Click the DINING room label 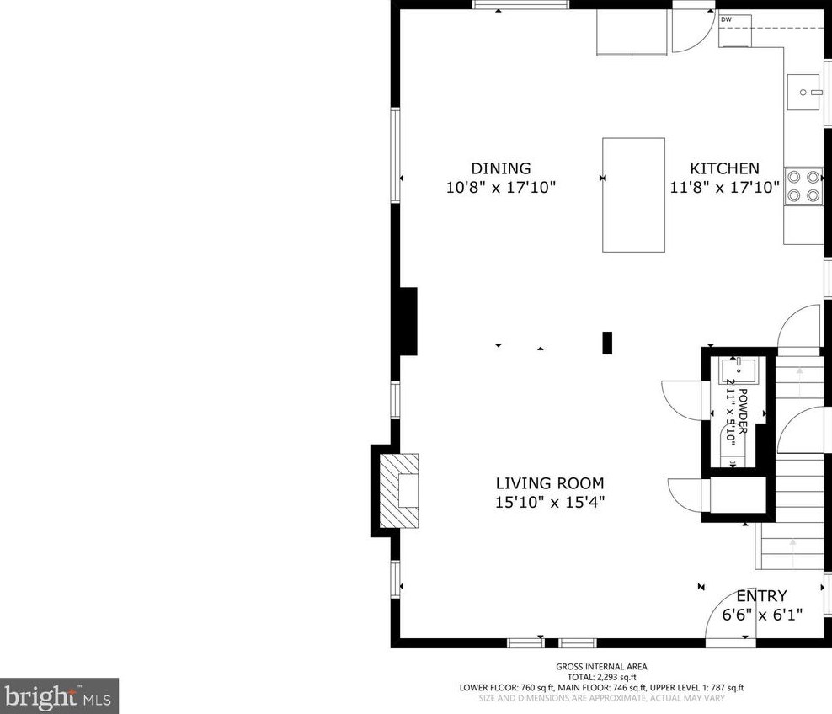(500, 168)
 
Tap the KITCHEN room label (724, 168)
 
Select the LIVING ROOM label (549, 483)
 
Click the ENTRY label (761, 596)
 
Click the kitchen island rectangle (633, 194)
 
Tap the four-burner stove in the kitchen (803, 186)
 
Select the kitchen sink (803, 92)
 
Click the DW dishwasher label (726, 19)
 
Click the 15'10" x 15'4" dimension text (549, 503)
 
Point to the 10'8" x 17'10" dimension (500, 188)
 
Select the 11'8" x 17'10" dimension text (724, 188)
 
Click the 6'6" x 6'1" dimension (761, 615)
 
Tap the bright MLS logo (59, 695)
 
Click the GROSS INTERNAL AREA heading (601, 667)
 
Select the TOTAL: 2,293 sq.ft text (601, 677)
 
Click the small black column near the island (607, 343)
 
